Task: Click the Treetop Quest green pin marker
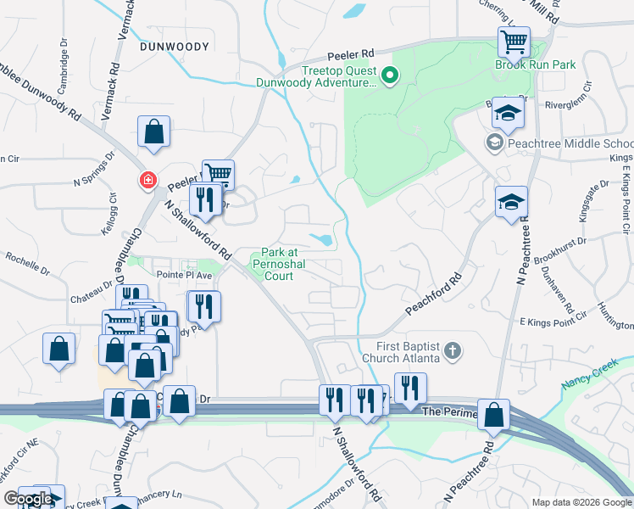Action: pyautogui.click(x=390, y=76)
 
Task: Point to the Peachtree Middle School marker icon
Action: pyautogui.click(x=494, y=143)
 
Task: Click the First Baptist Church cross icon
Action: pyautogui.click(x=453, y=350)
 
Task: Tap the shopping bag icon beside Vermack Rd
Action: pyautogui.click(x=153, y=131)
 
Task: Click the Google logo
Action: pyautogui.click(x=27, y=499)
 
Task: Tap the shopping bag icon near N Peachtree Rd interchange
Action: pyautogui.click(x=493, y=415)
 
